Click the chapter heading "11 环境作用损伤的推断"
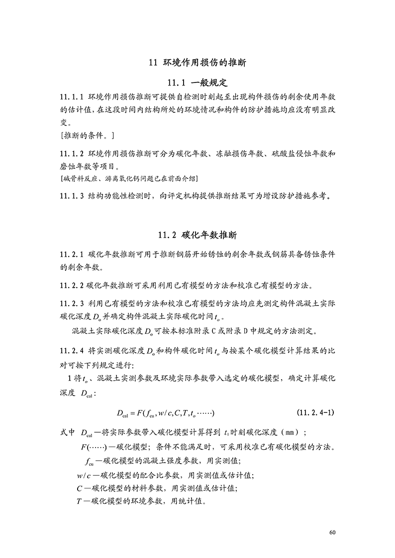click(197, 63)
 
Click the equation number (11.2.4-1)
click(317, 413)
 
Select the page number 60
click(332, 533)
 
